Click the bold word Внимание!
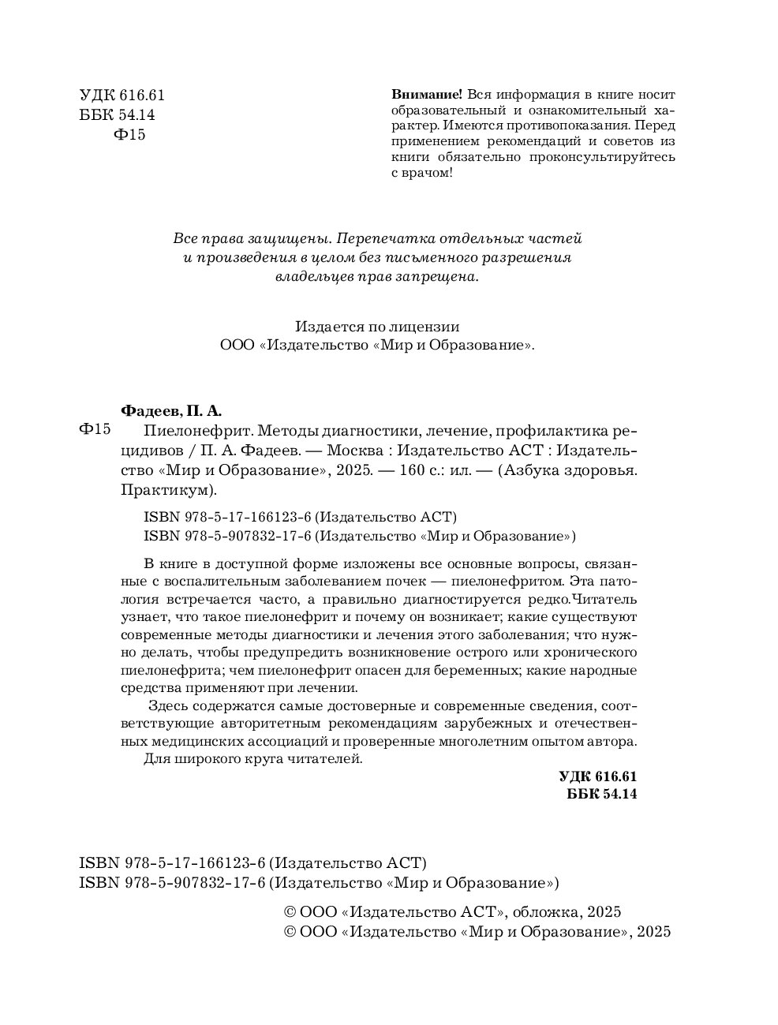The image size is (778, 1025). [x=423, y=94]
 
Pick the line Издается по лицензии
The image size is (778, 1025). [x=377, y=326]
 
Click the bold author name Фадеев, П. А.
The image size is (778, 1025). [x=171, y=410]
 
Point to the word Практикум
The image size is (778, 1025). [x=167, y=490]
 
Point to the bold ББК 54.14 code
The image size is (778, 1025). [x=601, y=794]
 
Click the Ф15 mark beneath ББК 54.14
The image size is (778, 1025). [x=130, y=135]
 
